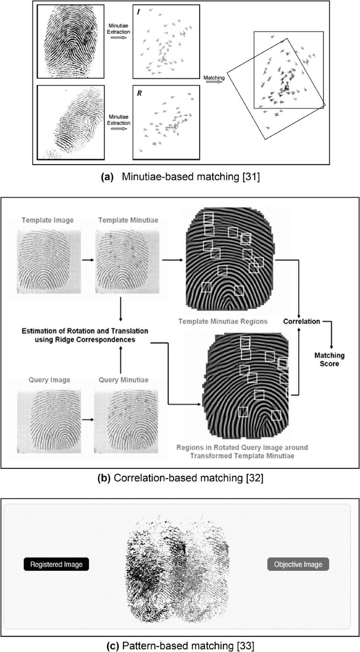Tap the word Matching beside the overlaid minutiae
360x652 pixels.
click(214, 78)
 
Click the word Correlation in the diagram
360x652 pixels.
click(302, 322)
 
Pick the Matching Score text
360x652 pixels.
click(329, 360)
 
